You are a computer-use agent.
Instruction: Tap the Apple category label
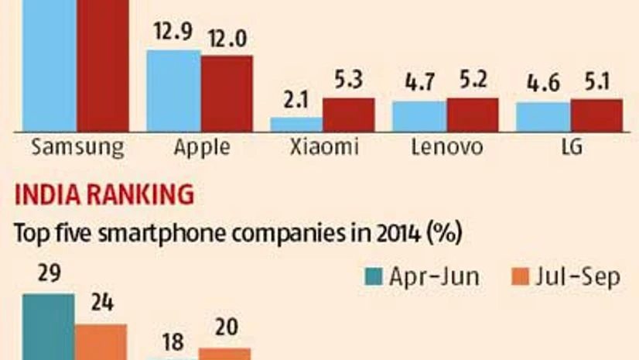[201, 148]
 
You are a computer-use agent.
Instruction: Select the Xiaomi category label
[323, 147]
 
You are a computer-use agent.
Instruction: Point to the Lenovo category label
[446, 147]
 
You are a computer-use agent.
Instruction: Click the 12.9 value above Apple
[173, 35]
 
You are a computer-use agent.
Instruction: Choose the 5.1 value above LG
[596, 84]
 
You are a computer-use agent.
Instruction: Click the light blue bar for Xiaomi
[296, 124]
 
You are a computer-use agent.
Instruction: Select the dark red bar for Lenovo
[473, 114]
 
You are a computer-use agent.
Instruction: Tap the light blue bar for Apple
[173, 90]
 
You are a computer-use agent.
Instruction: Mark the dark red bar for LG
[596, 115]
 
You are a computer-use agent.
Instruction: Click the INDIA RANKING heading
[105, 196]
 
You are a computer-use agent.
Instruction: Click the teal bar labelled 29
[48, 326]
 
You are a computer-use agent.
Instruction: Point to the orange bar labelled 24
[101, 341]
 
